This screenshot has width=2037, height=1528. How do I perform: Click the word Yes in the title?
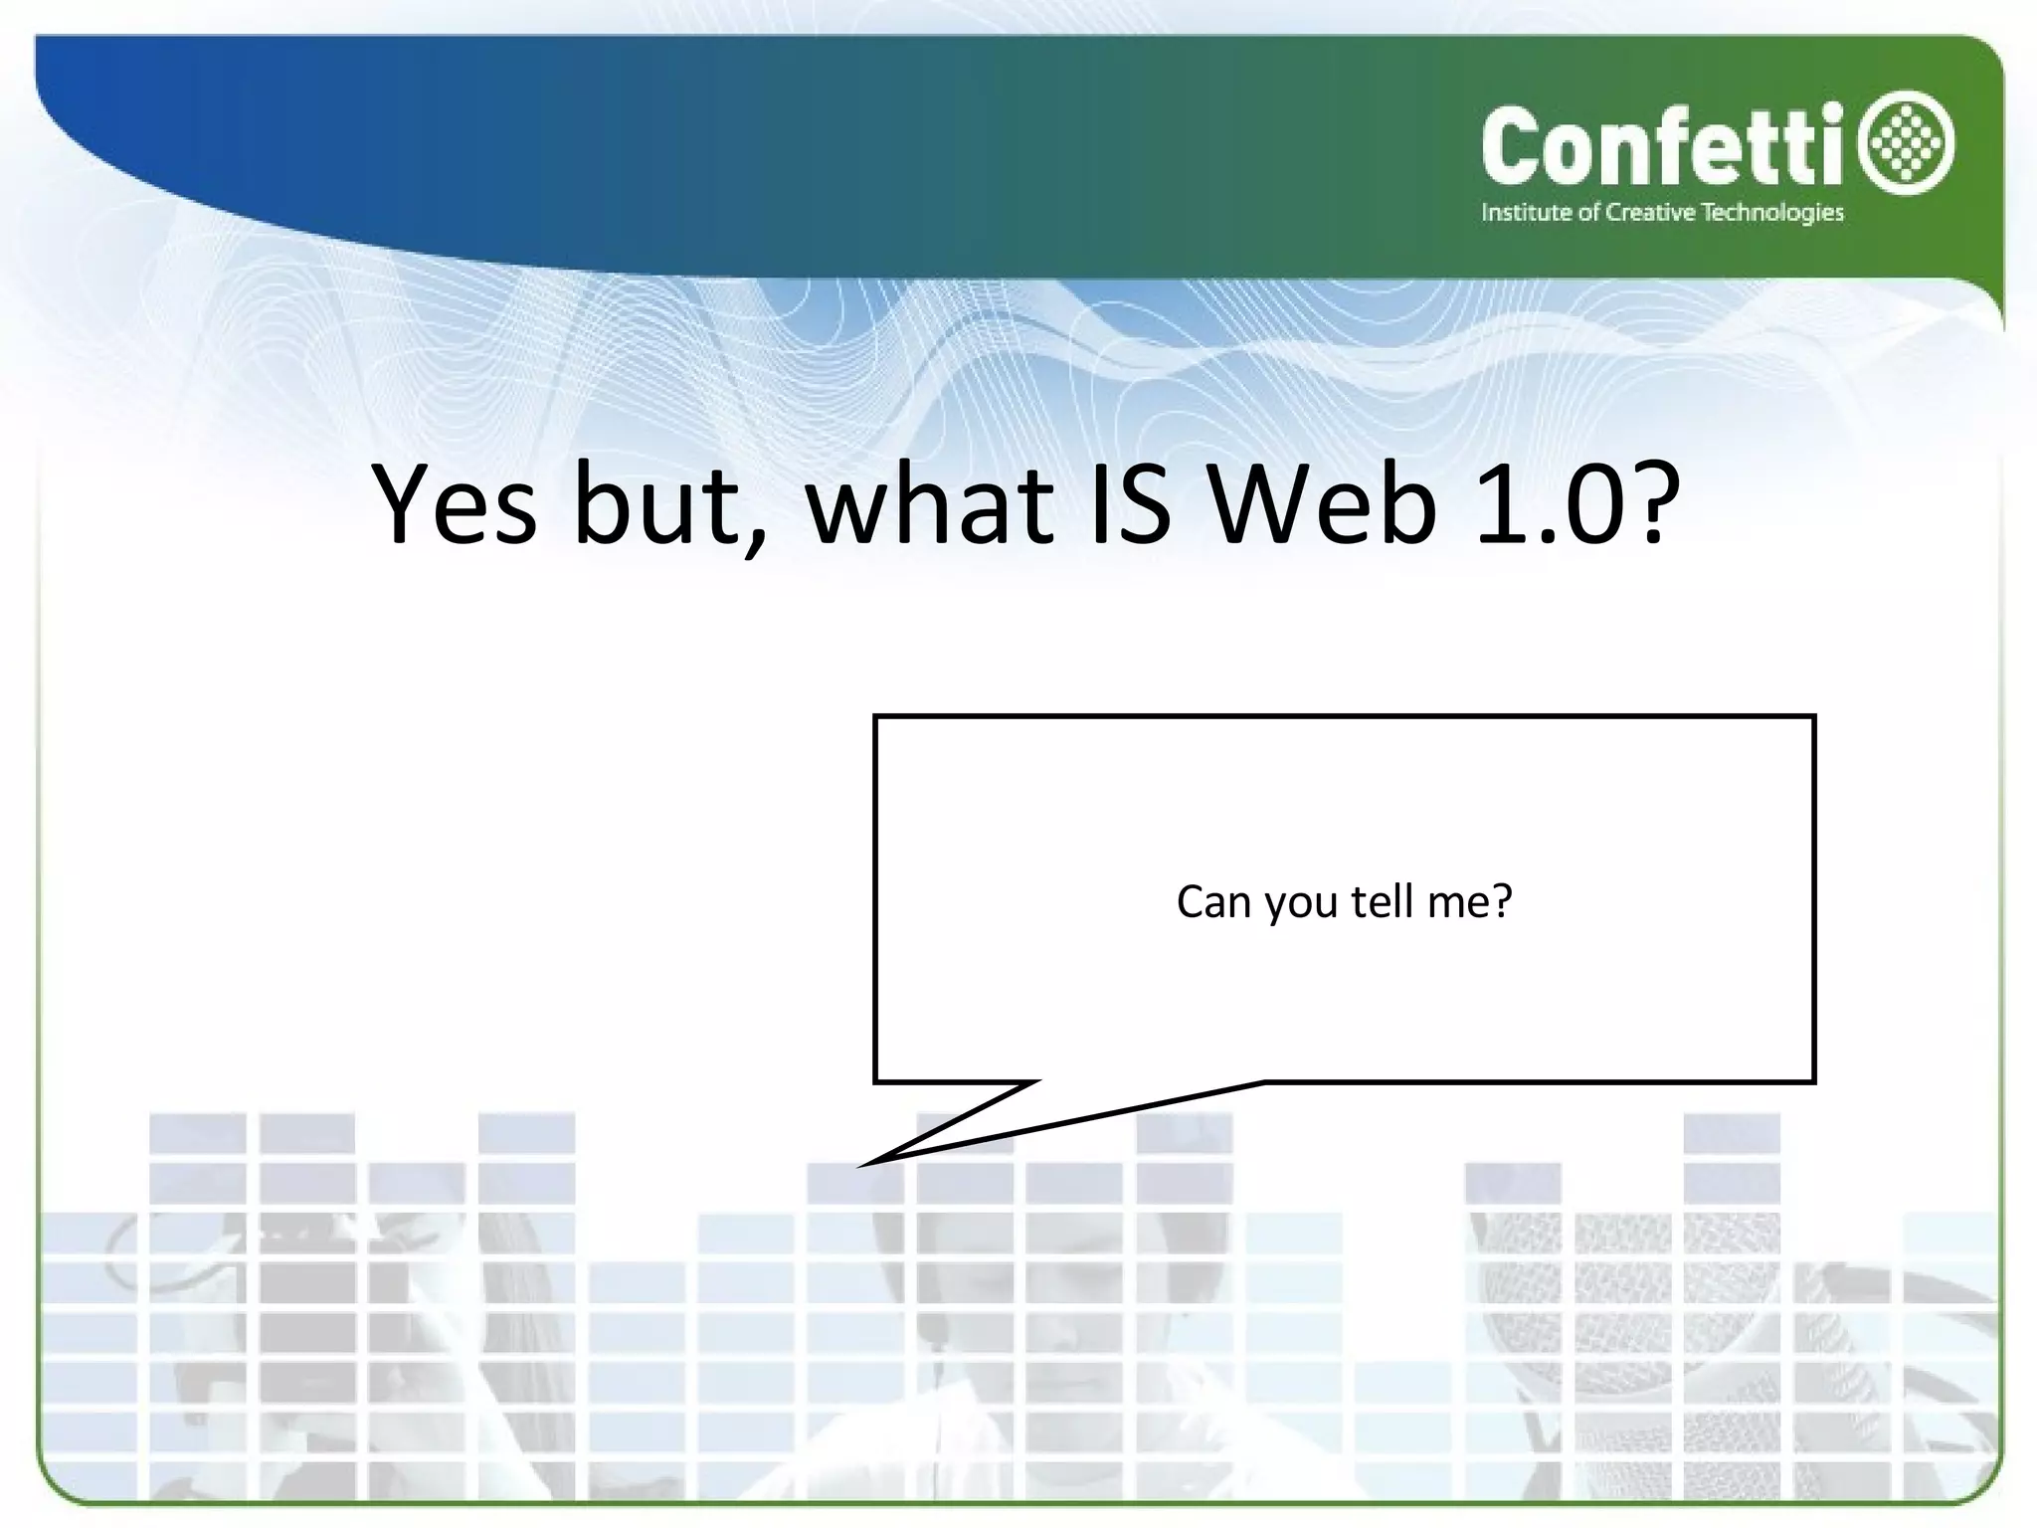[x=456, y=504]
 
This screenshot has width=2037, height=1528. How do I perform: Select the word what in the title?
[x=929, y=504]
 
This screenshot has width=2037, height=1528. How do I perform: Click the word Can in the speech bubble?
[x=1212, y=902]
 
